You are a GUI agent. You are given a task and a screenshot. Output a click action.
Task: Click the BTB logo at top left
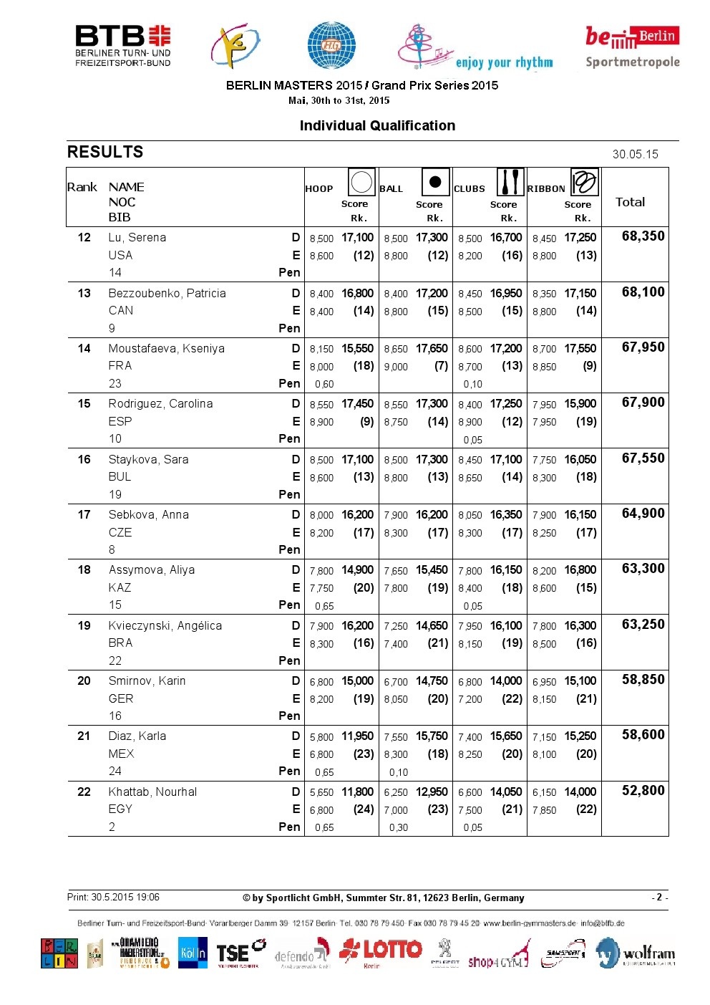(122, 46)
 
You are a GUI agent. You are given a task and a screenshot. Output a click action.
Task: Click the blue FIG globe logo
(331, 45)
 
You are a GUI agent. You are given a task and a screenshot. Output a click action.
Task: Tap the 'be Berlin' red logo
(631, 37)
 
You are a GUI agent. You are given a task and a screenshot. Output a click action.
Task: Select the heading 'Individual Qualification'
(377, 126)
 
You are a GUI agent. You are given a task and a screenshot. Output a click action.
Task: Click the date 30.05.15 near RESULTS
(635, 154)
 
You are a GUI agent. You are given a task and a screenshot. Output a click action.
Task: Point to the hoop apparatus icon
(361, 183)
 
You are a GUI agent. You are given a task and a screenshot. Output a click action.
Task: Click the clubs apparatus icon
(510, 183)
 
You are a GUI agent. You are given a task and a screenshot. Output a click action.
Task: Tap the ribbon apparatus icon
(584, 183)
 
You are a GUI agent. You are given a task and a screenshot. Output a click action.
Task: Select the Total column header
(630, 202)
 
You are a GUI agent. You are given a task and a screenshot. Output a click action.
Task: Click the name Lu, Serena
(137, 238)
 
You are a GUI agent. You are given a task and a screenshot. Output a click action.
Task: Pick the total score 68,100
(643, 292)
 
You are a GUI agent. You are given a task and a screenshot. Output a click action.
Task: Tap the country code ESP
(120, 421)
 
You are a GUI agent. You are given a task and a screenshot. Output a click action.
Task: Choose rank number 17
(84, 515)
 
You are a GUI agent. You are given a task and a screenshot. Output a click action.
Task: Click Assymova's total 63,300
(643, 569)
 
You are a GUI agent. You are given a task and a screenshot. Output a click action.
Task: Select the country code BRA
(120, 643)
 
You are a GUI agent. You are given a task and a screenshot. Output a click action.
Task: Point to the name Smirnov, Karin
(147, 681)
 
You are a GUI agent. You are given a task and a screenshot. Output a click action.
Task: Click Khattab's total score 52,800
(643, 791)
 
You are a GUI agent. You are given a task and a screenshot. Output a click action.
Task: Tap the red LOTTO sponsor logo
(381, 952)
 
